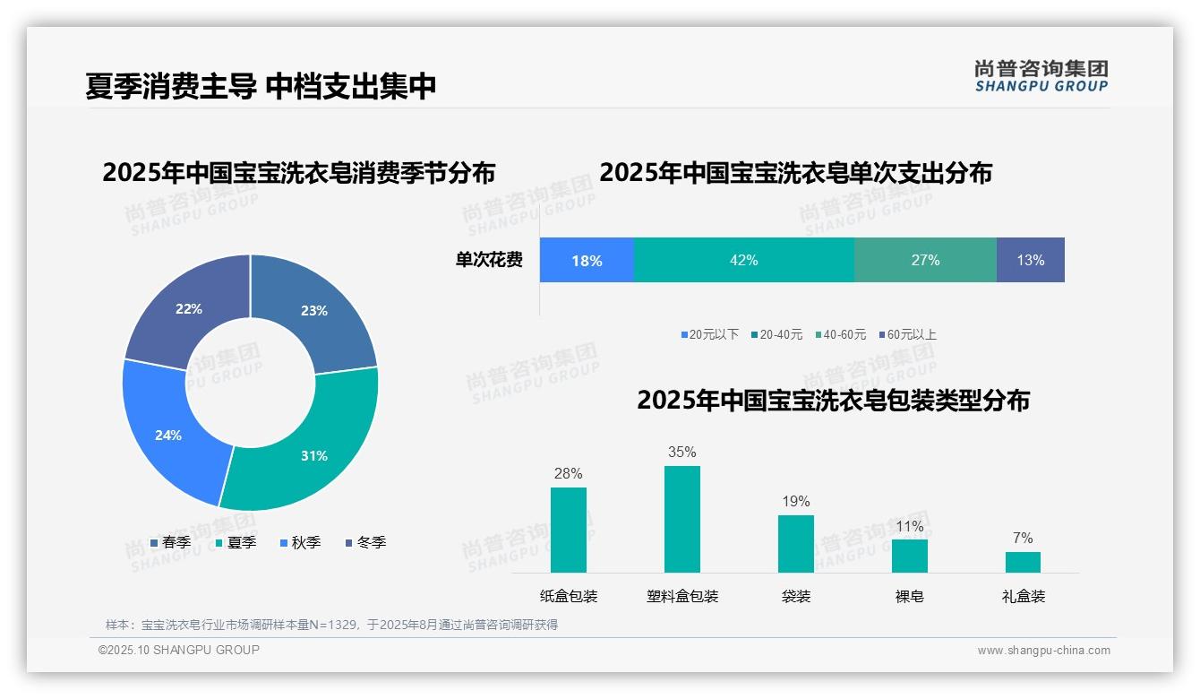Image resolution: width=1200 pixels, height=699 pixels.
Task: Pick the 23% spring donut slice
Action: (x=313, y=310)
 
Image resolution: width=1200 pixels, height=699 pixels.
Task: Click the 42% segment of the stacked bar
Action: (x=743, y=260)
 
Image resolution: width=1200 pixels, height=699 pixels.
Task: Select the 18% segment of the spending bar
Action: (x=587, y=260)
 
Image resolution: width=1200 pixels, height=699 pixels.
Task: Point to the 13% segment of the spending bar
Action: (x=1030, y=260)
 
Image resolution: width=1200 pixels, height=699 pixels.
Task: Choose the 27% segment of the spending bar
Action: (x=925, y=260)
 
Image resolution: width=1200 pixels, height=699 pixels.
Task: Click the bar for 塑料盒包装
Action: (x=682, y=520)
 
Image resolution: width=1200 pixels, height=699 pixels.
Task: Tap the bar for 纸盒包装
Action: (x=569, y=531)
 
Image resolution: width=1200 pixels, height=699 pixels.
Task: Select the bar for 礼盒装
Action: (x=1023, y=562)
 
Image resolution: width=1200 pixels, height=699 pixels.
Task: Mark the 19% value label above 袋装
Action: (x=796, y=502)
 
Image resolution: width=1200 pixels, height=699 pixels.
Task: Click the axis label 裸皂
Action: (x=910, y=596)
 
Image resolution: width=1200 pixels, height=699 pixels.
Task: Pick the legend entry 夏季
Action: (x=241, y=542)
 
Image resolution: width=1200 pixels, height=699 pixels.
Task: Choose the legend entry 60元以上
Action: (x=911, y=334)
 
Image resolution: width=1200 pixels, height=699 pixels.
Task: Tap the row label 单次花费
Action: (x=489, y=260)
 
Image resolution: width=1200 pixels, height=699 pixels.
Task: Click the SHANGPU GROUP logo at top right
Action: (x=1041, y=76)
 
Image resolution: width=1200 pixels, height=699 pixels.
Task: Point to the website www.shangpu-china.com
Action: (x=1043, y=651)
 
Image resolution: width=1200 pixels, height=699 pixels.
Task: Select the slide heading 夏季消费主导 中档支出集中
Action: (x=261, y=86)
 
